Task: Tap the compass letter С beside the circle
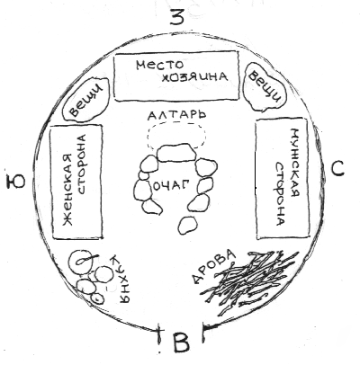pyautogui.click(x=337, y=169)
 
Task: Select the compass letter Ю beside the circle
pyautogui.click(x=15, y=182)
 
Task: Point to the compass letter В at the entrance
pyautogui.click(x=182, y=343)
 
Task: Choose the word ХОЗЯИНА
pyautogui.click(x=194, y=77)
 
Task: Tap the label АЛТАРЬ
pyautogui.click(x=176, y=115)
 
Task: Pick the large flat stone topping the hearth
pyautogui.click(x=176, y=153)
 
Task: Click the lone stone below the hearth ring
pyautogui.click(x=187, y=225)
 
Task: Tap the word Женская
pyautogui.click(x=68, y=190)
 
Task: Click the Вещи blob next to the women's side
pyautogui.click(x=85, y=100)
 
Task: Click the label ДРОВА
pyautogui.click(x=213, y=266)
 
